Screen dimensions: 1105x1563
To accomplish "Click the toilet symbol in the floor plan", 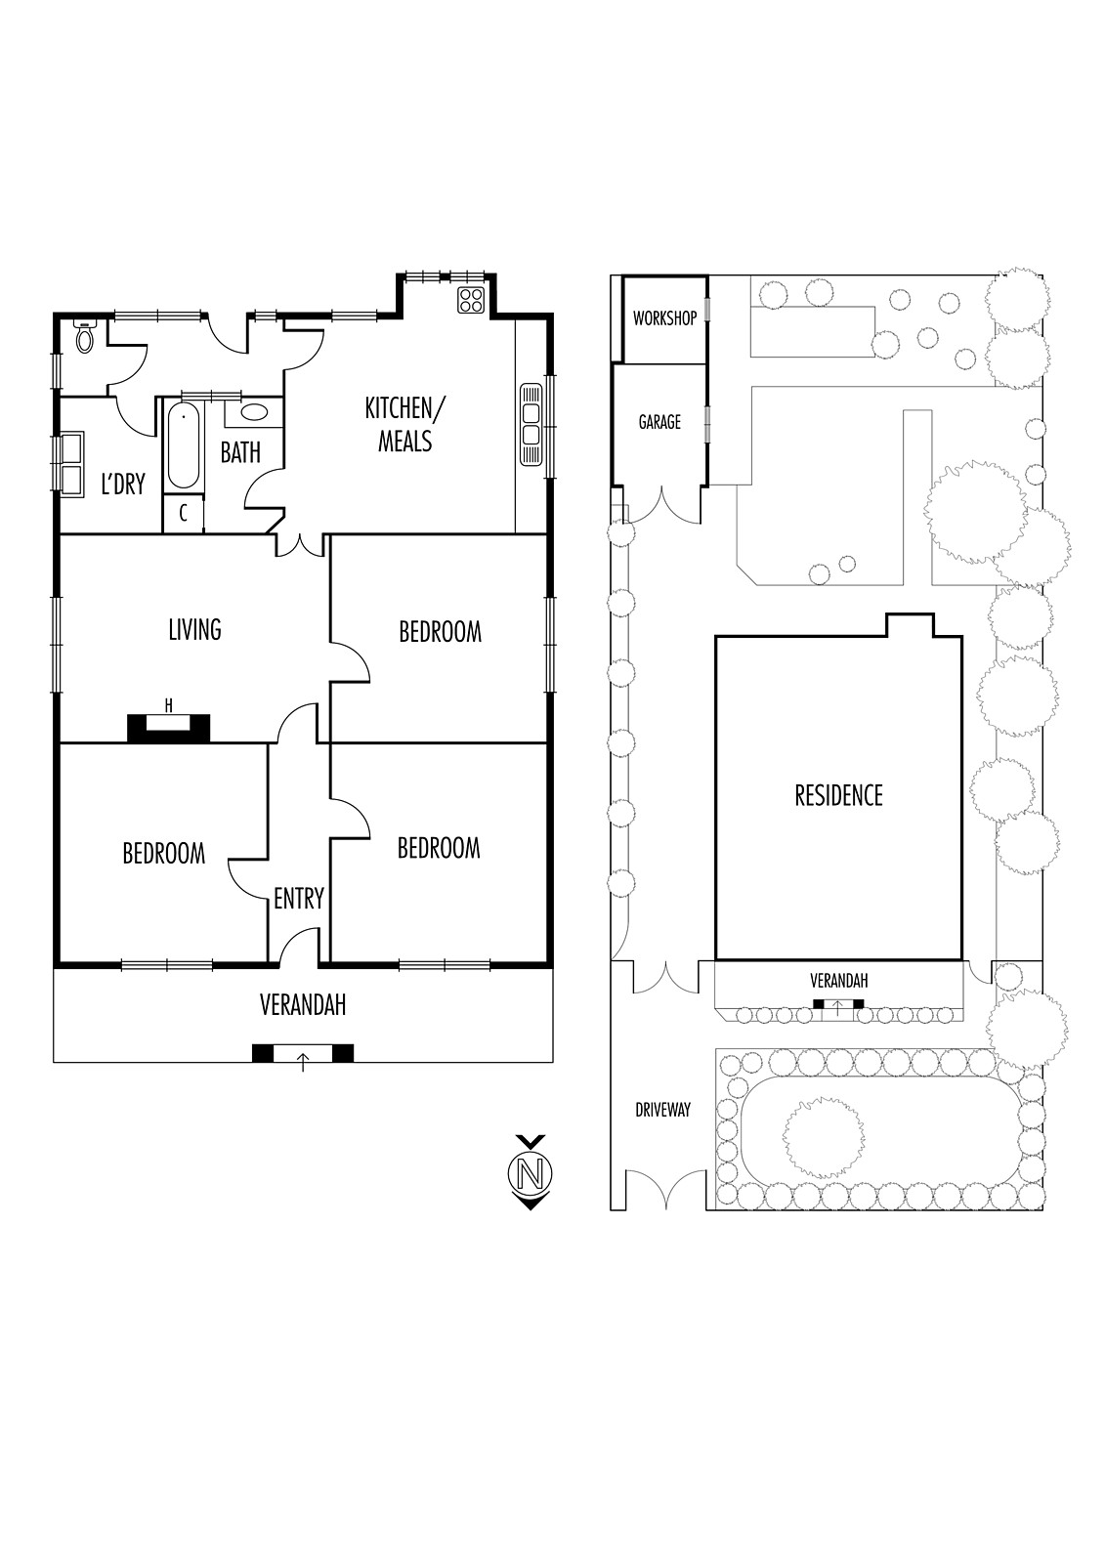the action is point(85,338).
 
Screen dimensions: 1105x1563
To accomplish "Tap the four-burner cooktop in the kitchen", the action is point(471,299).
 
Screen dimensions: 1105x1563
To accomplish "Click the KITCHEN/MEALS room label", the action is point(404,424).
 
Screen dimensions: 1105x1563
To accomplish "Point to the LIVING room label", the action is point(194,629).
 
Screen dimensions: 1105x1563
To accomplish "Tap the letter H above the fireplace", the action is point(168,705).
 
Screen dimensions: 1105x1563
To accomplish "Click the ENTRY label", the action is point(299,898).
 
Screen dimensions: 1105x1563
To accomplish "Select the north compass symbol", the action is point(530,1172).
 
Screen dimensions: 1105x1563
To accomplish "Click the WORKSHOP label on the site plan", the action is point(664,318).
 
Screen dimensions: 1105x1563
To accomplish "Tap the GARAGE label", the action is point(659,422).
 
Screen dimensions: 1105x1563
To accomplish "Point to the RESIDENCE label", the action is point(838,795).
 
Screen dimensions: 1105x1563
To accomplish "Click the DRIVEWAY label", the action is point(662,1110).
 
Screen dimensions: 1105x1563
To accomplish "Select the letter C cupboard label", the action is point(183,514).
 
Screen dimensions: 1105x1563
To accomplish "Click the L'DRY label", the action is point(123,484).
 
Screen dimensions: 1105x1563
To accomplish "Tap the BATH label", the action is point(240,452).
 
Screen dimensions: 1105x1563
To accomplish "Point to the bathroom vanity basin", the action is point(253,411).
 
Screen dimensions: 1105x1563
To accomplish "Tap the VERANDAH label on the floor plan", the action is point(303,1005).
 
